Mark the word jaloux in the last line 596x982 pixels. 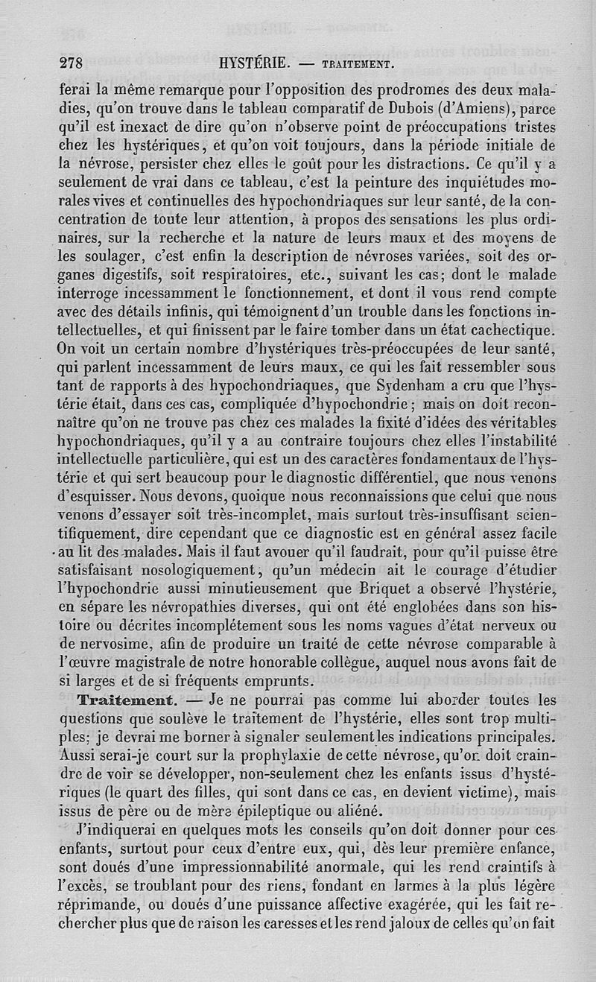pos(426,923)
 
